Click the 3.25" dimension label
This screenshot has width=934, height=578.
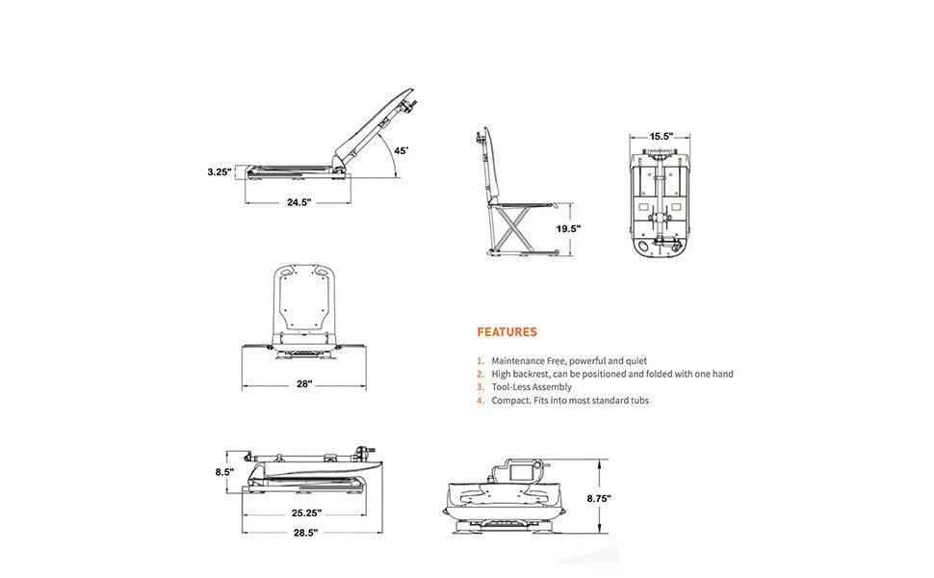[x=220, y=172]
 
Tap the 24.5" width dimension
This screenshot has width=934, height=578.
[x=298, y=203]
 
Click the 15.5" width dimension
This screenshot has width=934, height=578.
[x=660, y=137]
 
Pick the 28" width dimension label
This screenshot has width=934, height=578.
[x=304, y=384]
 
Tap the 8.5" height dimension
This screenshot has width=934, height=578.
[x=224, y=472]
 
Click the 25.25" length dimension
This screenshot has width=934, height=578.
[x=305, y=512]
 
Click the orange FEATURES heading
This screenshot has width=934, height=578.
[x=506, y=332]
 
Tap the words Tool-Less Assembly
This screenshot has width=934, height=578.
[x=532, y=386]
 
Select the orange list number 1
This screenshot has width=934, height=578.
[x=480, y=360]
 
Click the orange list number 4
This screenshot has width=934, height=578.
[x=480, y=400]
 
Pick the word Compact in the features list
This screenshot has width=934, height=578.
[x=510, y=400]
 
